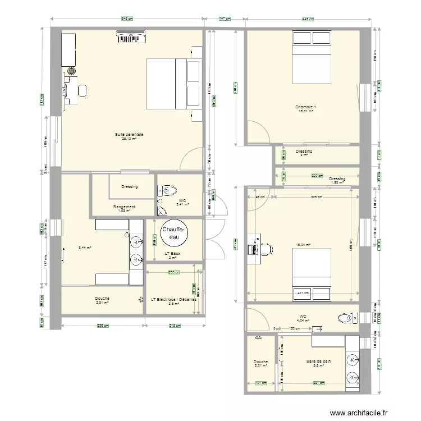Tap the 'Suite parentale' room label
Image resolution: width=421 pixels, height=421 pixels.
129,135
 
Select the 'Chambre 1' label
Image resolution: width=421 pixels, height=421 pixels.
306,107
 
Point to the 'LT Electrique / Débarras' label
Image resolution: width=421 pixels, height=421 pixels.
173,299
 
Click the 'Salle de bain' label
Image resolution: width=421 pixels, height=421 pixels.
318,361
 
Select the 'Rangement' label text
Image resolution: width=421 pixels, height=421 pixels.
123,207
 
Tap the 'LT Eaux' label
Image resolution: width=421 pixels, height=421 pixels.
173,254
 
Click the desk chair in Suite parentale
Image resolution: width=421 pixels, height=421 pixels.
83,90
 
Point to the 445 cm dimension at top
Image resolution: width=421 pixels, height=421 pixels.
308,18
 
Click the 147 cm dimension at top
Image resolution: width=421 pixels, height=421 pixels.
225,18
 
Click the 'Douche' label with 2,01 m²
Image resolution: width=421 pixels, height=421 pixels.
260,362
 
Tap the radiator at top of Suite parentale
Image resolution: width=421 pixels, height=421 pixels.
132,38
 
